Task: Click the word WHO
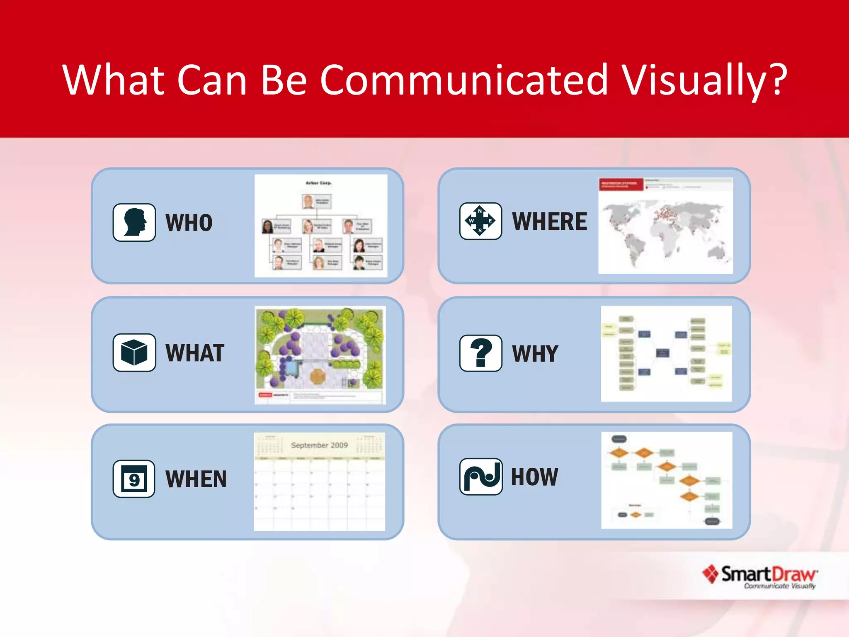coord(189,223)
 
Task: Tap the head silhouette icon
coord(134,222)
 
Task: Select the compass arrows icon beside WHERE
coord(480,221)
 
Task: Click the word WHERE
coord(550,221)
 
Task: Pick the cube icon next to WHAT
coord(134,353)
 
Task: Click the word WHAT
coord(195,353)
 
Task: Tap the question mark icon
coord(480,353)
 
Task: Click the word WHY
coord(535,354)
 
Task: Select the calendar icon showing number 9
coord(134,479)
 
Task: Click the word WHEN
coord(196,479)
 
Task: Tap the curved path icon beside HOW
coord(481,477)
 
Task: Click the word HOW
coord(534,477)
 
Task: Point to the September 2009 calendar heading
coord(319,445)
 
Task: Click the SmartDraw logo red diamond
coord(711,574)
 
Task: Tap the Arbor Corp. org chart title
coord(318,183)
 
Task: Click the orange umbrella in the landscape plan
coord(318,376)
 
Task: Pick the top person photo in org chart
coord(308,202)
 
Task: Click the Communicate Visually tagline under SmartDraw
coord(779,586)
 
